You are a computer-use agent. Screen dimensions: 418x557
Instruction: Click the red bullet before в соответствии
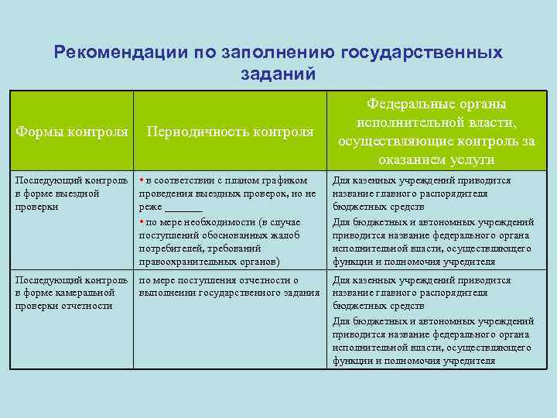coord(141,180)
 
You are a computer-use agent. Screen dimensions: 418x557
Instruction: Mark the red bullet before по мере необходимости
coord(141,221)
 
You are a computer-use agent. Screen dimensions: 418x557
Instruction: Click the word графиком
coord(285,180)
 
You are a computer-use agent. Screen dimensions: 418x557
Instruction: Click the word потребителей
coord(173,248)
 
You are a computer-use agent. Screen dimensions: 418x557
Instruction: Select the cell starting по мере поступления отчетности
coord(228,286)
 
